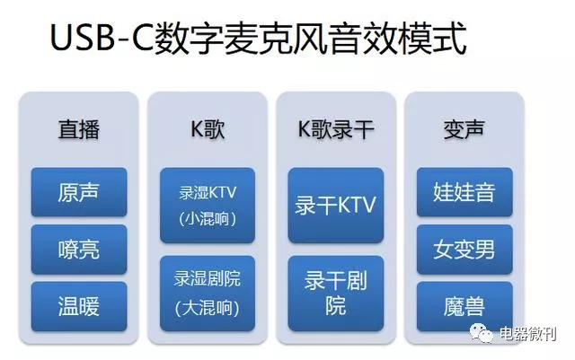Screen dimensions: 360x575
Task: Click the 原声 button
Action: pyautogui.click(x=79, y=192)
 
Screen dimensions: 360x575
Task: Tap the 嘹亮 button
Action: pyautogui.click(x=79, y=249)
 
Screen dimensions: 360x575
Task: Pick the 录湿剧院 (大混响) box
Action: pyautogui.click(x=208, y=294)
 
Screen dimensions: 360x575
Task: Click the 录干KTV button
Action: pyautogui.click(x=335, y=204)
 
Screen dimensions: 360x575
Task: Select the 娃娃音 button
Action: pyautogui.click(x=464, y=192)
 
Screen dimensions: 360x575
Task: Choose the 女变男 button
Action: pyautogui.click(x=464, y=249)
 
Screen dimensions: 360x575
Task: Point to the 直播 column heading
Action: pyautogui.click(x=79, y=129)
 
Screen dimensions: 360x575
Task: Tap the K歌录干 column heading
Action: pyautogui.click(x=335, y=129)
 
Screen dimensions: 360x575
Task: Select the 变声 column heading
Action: pyautogui.click(x=464, y=129)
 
